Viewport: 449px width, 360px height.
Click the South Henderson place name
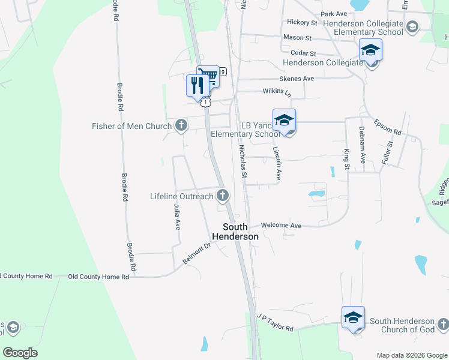pos(240,232)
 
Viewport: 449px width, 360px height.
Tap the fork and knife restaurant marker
pos(197,86)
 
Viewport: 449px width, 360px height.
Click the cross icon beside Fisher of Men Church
pos(181,126)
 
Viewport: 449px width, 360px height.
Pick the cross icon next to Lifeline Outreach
pos(223,195)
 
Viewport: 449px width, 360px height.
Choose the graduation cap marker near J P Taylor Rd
pos(353,317)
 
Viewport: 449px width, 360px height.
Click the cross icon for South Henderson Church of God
pos(442,325)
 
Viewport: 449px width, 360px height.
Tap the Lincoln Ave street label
pos(277,164)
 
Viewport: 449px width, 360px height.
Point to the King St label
pos(346,159)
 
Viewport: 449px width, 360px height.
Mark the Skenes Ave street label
pos(297,79)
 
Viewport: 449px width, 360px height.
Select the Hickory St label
pos(302,22)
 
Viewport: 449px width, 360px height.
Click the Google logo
pos(20,353)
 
